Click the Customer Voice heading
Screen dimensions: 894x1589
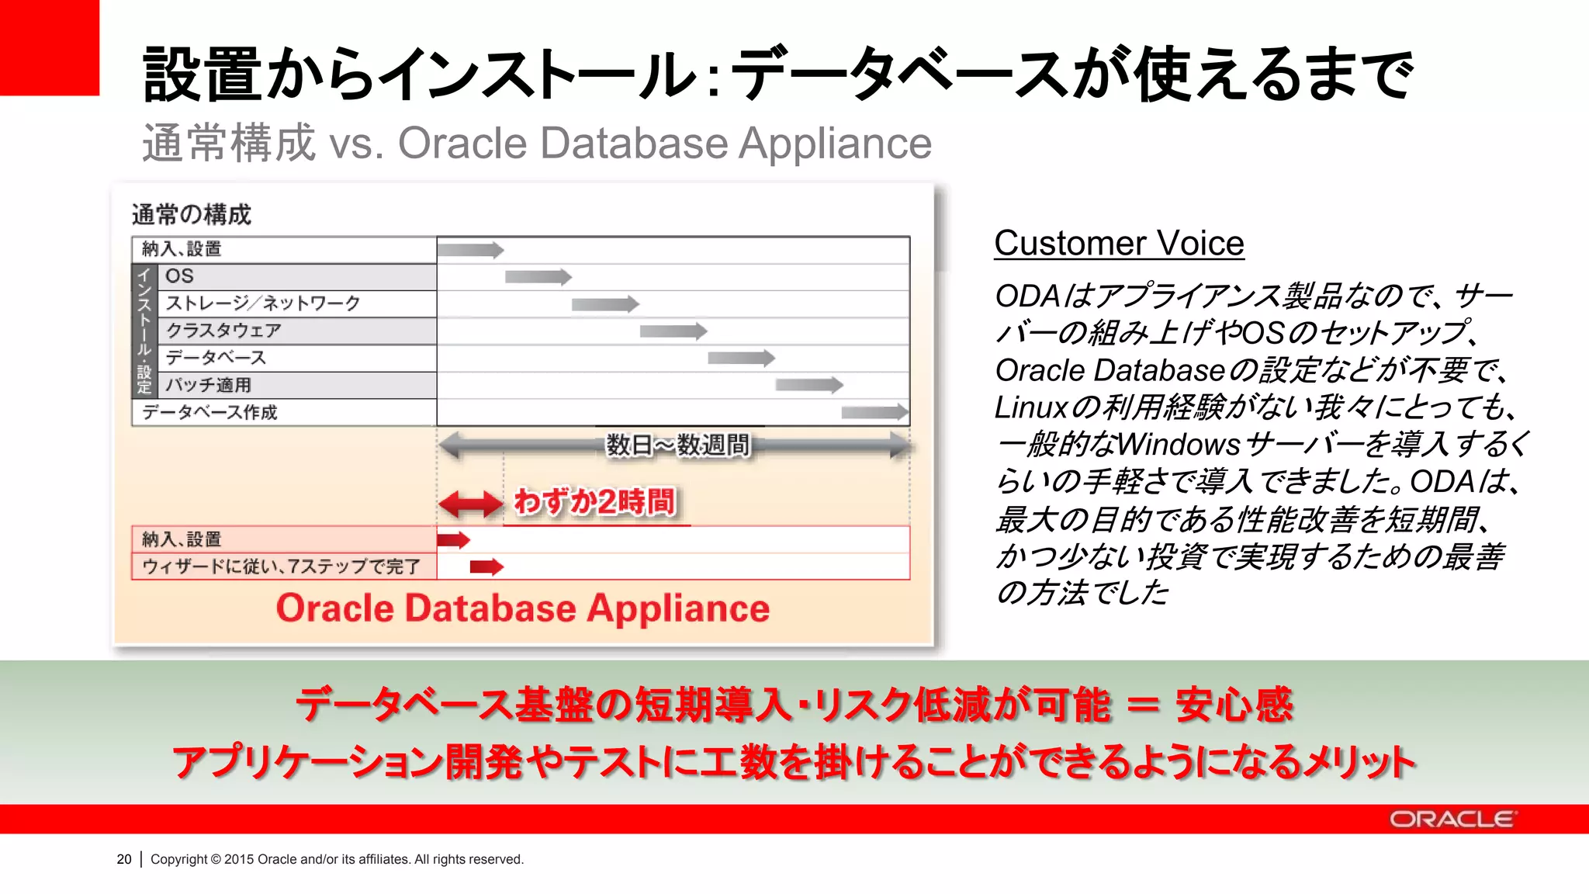point(1119,244)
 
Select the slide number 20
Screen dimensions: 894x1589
point(124,859)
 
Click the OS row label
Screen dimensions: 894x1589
point(179,276)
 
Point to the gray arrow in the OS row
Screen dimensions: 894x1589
point(538,277)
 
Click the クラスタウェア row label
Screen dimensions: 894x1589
point(223,331)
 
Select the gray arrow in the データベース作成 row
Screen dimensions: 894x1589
point(874,412)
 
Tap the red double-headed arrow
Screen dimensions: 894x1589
point(470,504)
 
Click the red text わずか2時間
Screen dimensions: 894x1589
point(594,502)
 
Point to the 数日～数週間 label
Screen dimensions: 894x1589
point(677,445)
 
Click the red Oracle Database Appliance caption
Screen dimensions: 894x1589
point(523,608)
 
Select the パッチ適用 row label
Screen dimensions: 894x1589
point(208,385)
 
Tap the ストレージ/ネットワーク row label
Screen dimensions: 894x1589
point(262,303)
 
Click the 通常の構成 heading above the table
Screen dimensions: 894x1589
point(192,214)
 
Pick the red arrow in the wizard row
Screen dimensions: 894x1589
point(486,567)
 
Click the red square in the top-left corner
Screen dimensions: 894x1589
point(50,47)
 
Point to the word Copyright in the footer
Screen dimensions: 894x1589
point(178,859)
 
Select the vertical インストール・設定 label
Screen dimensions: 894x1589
point(144,331)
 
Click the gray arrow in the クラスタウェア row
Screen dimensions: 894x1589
point(673,331)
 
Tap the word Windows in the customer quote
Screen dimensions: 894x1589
point(1179,445)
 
